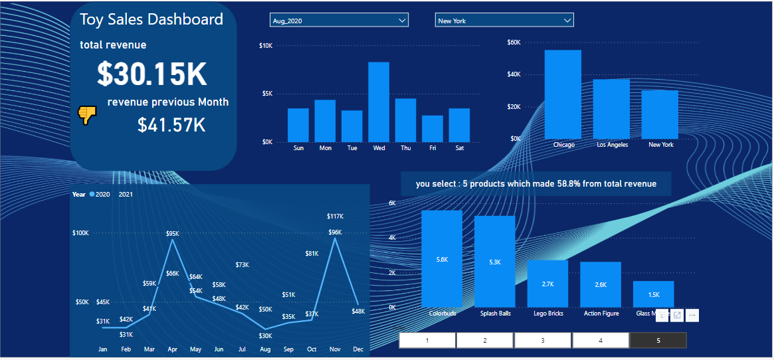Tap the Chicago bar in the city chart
tap(563, 94)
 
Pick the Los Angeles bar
tap(611, 108)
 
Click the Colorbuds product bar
tap(442, 258)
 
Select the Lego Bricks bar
tap(547, 284)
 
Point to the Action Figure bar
tap(601, 284)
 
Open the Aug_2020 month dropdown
tap(339, 21)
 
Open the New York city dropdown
tap(504, 21)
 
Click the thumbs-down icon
tap(88, 116)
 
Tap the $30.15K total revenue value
tap(152, 74)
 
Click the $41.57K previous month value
tap(171, 125)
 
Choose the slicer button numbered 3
tap(543, 340)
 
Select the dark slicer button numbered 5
tap(658, 340)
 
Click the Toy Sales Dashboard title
tap(151, 19)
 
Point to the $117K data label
tap(335, 217)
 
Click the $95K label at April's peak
tap(173, 233)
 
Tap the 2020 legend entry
tap(100, 195)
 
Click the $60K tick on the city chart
tap(514, 42)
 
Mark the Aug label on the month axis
tap(265, 349)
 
